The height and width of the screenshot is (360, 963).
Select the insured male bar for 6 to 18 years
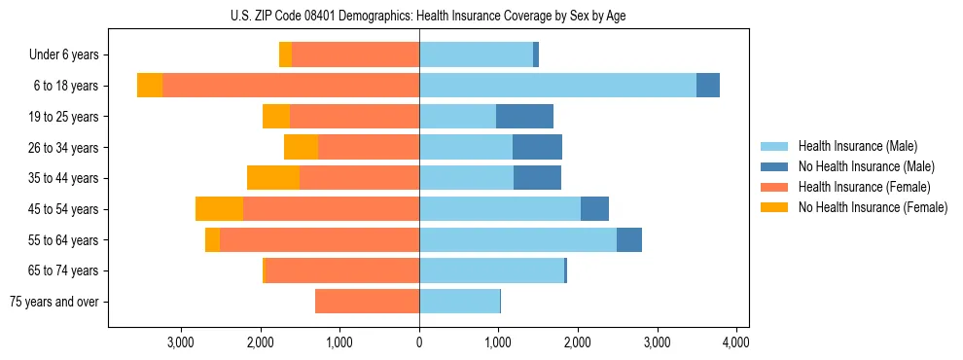click(557, 86)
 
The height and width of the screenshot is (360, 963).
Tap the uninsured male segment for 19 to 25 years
click(524, 117)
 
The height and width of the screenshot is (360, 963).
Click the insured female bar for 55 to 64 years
click(319, 240)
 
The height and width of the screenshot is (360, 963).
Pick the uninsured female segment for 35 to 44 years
click(273, 178)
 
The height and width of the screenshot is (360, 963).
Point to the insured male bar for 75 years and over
click(459, 302)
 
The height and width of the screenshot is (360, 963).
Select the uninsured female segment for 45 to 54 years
click(219, 209)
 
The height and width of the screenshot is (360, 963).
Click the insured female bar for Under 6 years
click(355, 55)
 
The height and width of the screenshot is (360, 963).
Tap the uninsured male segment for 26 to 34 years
click(537, 148)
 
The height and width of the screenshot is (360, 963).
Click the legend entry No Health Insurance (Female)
click(873, 207)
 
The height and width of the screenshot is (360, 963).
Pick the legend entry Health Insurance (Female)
click(864, 187)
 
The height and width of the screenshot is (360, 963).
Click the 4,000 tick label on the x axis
click(736, 342)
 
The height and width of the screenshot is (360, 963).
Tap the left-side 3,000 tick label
click(181, 342)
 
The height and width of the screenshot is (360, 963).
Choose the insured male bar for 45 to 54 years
click(500, 209)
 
